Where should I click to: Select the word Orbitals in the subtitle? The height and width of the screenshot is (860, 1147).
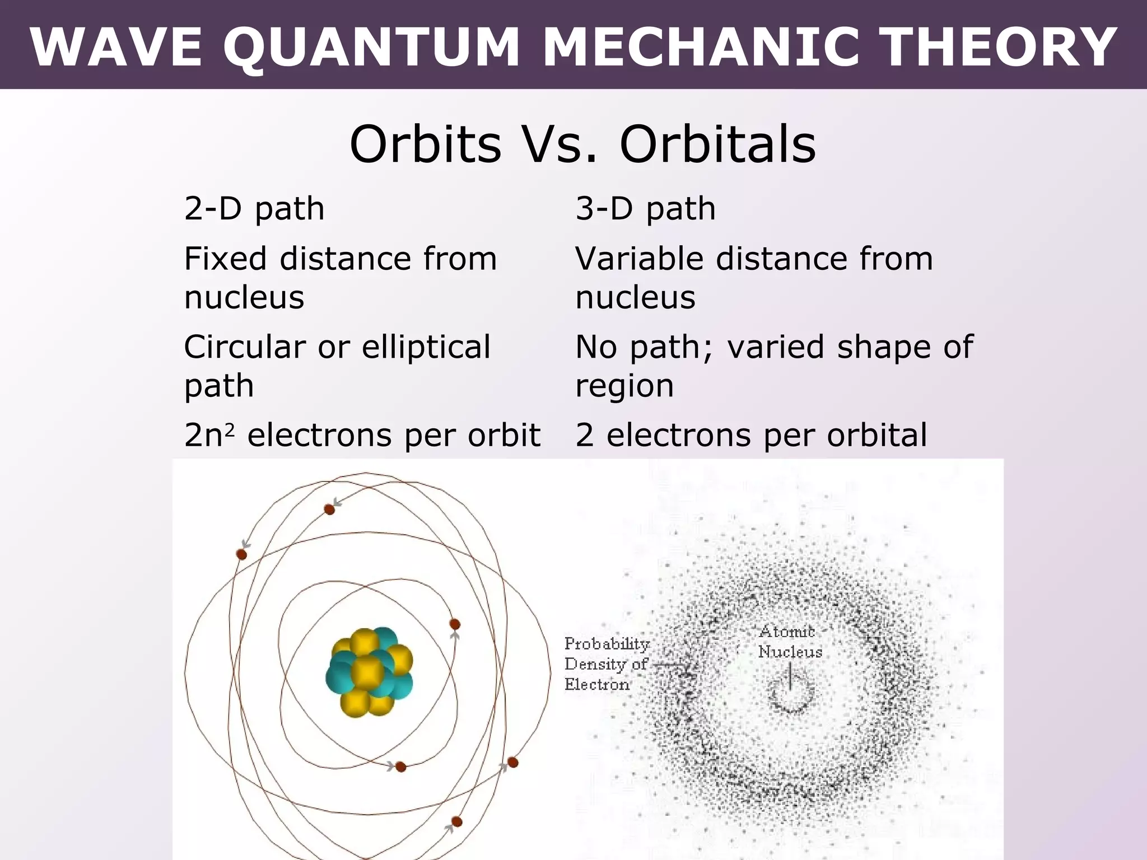[717, 144]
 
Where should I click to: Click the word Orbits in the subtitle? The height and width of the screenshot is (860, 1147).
[425, 144]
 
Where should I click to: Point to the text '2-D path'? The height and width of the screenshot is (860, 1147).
[254, 209]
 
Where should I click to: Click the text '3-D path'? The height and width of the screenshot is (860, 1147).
[645, 209]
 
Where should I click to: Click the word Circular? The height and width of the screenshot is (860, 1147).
[245, 347]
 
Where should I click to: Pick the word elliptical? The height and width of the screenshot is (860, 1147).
[426, 347]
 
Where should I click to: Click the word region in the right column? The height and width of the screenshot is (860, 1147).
[624, 386]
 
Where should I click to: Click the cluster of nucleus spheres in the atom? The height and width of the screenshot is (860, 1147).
[369, 671]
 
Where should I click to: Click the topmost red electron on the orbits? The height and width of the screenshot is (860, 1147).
[329, 510]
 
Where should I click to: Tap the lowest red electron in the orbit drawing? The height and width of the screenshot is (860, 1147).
[456, 822]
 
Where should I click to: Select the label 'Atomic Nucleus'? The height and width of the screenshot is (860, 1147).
[790, 642]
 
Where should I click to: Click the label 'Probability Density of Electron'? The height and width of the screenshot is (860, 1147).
[606, 664]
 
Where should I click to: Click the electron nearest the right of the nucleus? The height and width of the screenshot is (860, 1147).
[455, 624]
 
